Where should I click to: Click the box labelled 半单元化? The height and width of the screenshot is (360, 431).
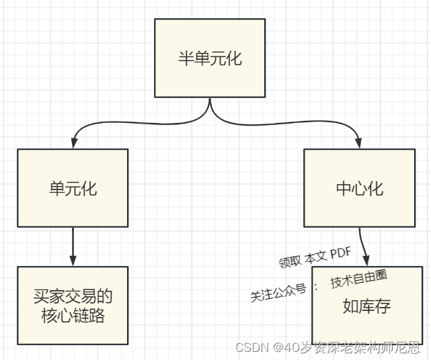pos(210,58)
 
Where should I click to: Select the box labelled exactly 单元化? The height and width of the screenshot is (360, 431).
pos(73,187)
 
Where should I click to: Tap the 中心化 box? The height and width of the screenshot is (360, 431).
pos(359,187)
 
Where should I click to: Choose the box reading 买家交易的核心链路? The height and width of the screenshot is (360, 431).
pos(73,306)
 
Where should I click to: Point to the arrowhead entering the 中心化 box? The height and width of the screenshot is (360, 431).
pos(359,144)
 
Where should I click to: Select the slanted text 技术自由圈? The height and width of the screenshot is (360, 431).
pos(358,278)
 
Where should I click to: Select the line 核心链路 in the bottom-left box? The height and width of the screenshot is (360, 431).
pos(73,316)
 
